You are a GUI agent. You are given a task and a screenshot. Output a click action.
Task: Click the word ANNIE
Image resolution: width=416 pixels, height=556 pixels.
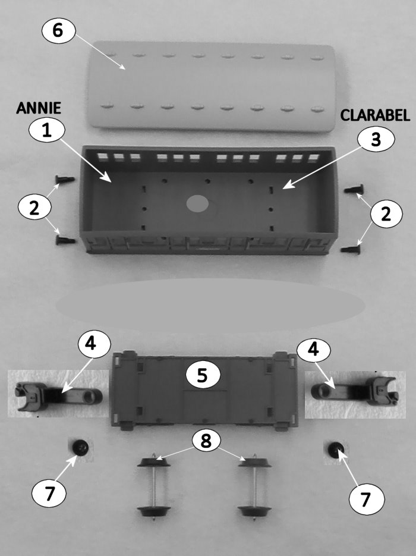pyautogui.click(x=38, y=108)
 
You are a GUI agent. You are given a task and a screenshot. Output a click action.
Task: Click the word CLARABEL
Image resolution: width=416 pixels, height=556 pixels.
pyautogui.click(x=375, y=116)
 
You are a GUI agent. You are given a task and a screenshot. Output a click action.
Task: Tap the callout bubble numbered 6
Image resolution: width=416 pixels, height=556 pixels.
pyautogui.click(x=58, y=30)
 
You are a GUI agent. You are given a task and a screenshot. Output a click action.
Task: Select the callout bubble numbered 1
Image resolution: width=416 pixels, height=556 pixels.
pyautogui.click(x=47, y=130)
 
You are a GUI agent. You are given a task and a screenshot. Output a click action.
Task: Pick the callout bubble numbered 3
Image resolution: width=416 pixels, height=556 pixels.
pyautogui.click(x=376, y=139)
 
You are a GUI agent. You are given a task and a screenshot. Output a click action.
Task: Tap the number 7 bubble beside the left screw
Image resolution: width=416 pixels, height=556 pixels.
pyautogui.click(x=49, y=494)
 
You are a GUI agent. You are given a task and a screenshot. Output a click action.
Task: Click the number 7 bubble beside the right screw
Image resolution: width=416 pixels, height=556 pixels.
pyautogui.click(x=365, y=499)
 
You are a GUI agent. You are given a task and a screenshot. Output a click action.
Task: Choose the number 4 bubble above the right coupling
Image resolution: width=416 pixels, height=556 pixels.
pyautogui.click(x=313, y=349)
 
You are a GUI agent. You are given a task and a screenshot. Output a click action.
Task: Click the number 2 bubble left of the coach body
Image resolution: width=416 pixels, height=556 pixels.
pyautogui.click(x=34, y=208)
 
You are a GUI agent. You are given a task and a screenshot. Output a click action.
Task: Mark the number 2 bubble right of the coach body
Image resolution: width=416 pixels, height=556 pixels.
pyautogui.click(x=386, y=214)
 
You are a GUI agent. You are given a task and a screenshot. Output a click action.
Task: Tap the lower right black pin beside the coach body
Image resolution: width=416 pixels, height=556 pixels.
pyautogui.click(x=351, y=249)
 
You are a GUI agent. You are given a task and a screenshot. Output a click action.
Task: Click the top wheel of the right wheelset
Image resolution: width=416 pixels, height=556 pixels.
pyautogui.click(x=255, y=462)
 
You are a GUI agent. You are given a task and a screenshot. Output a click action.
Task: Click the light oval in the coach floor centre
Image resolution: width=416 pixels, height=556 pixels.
pyautogui.click(x=197, y=204)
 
